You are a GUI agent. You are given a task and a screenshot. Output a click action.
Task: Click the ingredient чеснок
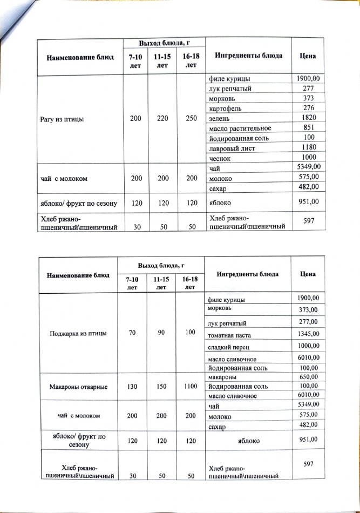[x=220, y=158]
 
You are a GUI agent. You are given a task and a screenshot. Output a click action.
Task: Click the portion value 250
[x=191, y=118]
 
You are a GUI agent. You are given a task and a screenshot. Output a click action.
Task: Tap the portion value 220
[x=161, y=118]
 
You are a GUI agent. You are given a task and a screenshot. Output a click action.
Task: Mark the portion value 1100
[x=189, y=387]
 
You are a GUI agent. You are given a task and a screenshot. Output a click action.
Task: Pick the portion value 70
[x=132, y=333]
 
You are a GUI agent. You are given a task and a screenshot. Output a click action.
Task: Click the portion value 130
[x=132, y=387]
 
